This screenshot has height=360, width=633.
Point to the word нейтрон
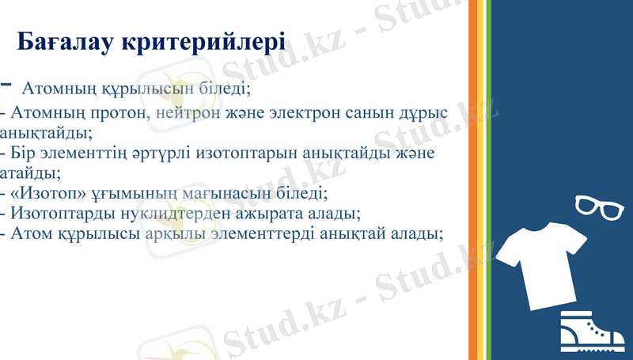pos(188,112)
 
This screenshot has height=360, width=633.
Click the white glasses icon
pos(600,207)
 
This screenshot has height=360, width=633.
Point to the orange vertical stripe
pos(473,180)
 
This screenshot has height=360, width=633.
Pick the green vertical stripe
pos(488,180)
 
